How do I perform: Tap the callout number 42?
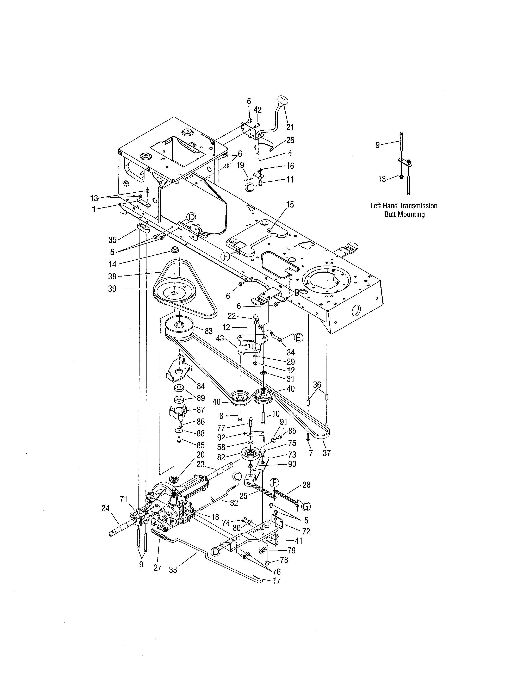coord(258,110)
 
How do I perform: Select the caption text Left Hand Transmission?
coord(404,206)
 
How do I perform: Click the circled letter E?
coord(298,337)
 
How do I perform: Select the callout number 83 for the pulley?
coord(209,331)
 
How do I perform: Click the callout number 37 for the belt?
coord(327,453)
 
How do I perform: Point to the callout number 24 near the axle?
coord(106,508)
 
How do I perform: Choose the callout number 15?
coord(290,205)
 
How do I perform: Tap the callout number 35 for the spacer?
coord(112,240)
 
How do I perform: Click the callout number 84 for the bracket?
coord(201,386)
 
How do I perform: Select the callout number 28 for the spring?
coord(306,485)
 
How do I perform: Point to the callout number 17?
coord(277,581)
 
